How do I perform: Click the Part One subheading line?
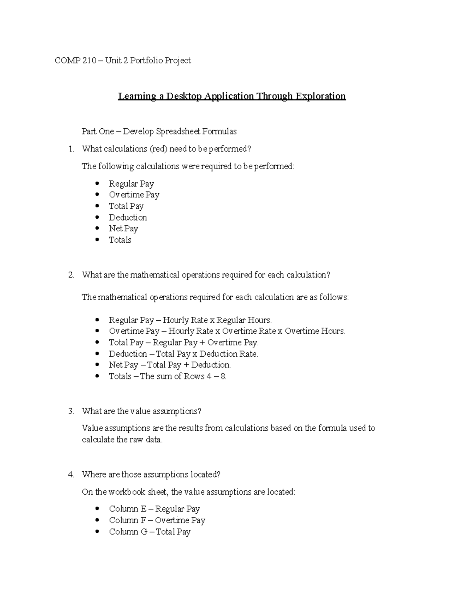[159, 131]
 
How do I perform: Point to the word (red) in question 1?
[159, 149]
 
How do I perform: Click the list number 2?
[71, 275]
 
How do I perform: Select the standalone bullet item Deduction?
[128, 218]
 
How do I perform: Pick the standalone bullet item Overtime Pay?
[134, 195]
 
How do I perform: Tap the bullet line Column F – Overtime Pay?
[157, 520]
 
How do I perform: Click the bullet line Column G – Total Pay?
[150, 532]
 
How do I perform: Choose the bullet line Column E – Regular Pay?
[154, 509]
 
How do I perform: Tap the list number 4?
[71, 474]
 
